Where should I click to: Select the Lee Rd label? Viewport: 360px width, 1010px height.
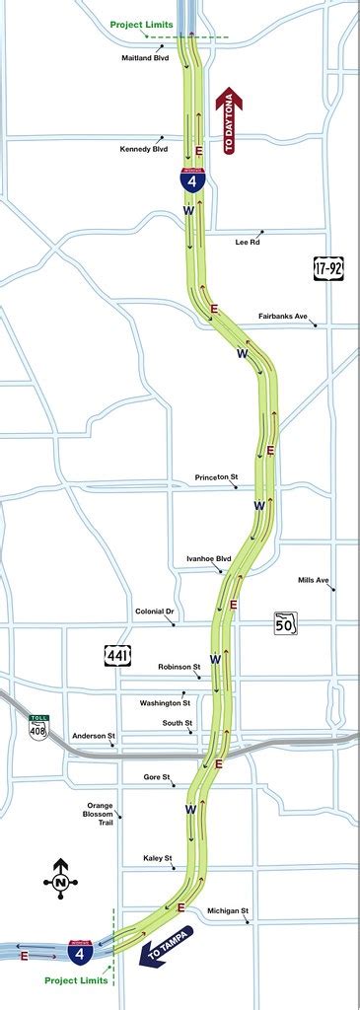coord(247,242)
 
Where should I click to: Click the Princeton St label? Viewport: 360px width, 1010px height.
coord(217,477)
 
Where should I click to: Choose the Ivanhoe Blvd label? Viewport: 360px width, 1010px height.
coord(207,558)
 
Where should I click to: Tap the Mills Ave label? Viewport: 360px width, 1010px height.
coord(313,580)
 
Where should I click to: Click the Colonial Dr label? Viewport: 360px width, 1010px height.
coord(154,612)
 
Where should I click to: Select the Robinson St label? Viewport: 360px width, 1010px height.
coord(179,667)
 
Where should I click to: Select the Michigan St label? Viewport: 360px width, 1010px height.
coord(228,910)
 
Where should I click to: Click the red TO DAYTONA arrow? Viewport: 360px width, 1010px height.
coord(230,121)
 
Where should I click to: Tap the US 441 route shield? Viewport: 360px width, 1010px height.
coord(115,654)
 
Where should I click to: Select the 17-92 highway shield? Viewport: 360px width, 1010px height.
coord(328,266)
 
